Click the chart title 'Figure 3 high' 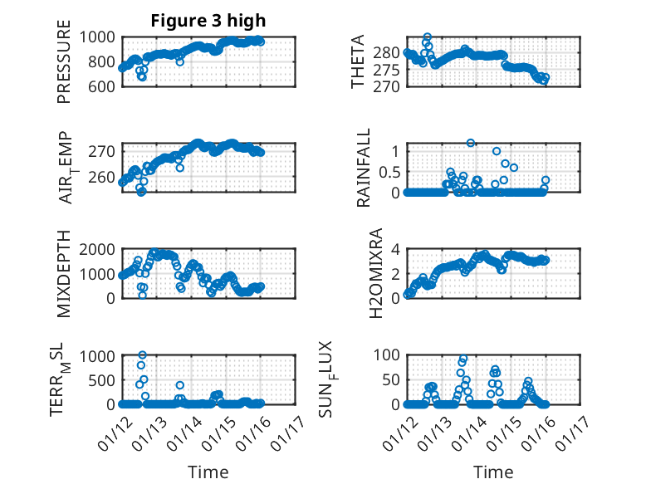point(208,21)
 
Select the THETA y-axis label point(358,61)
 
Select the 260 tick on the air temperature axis point(106,177)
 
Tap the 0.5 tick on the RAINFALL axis point(392,171)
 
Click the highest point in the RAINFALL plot point(471,143)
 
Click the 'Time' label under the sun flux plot point(493,472)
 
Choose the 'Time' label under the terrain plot point(208,472)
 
